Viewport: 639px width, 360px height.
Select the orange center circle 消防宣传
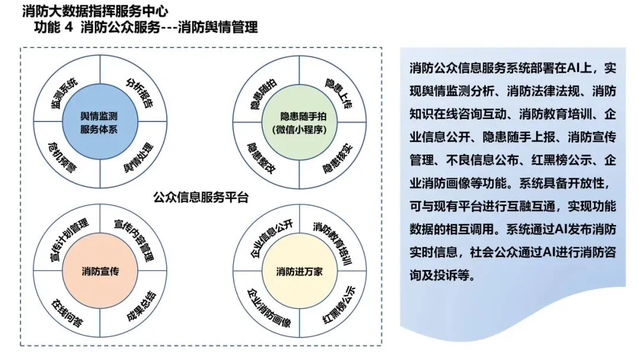[x=100, y=272]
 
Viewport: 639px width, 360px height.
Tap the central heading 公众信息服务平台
[x=200, y=197]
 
